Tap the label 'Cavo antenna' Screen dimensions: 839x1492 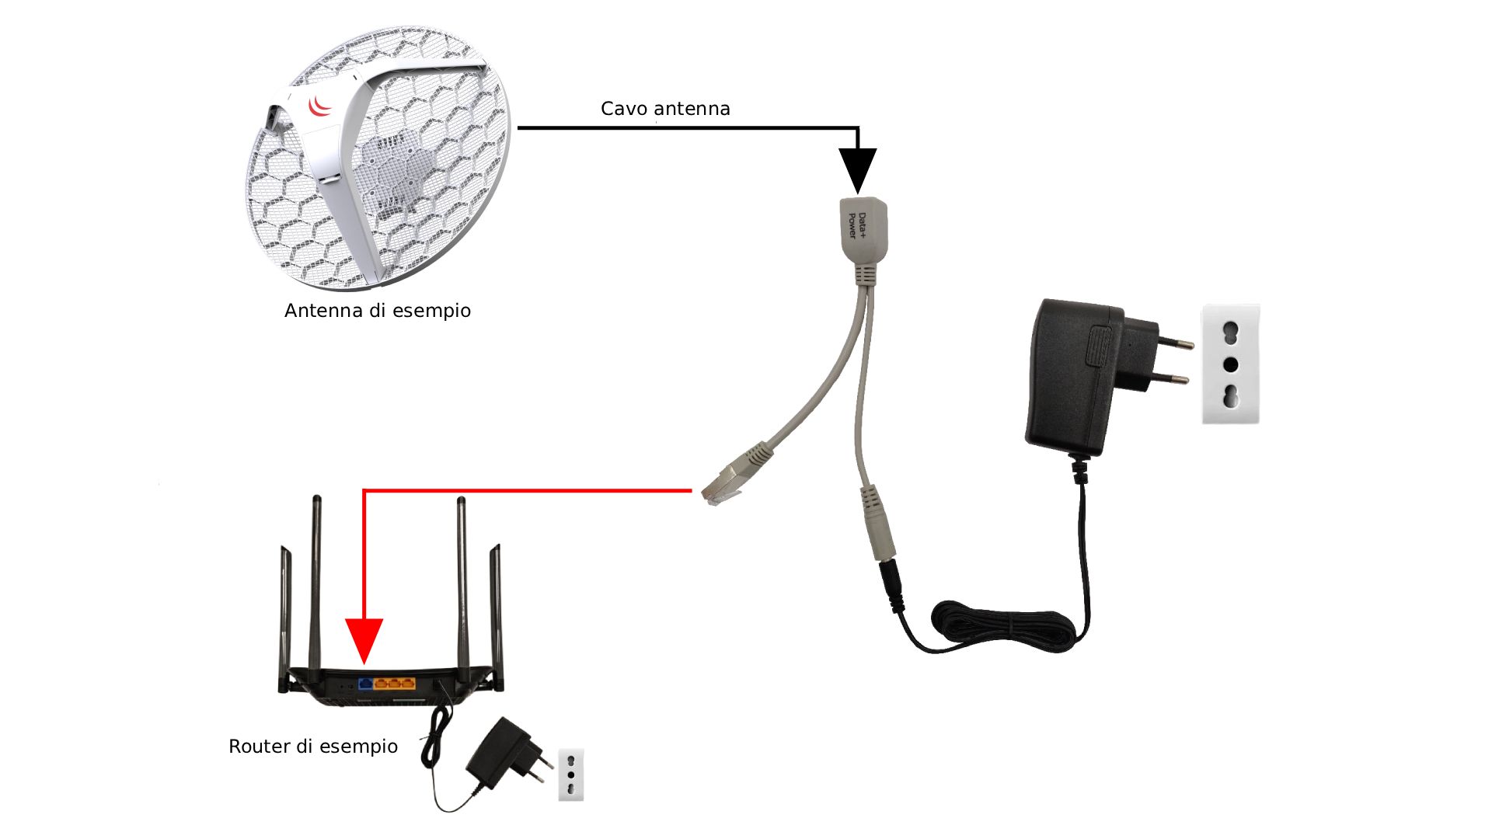pyautogui.click(x=665, y=109)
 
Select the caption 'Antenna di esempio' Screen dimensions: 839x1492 pyautogui.click(x=378, y=311)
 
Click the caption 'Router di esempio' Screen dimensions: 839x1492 pyautogui.click(x=313, y=747)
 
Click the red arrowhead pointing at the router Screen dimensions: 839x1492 pyautogui.click(x=364, y=639)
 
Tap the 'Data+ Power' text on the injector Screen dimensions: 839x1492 pyautogui.click(x=856, y=225)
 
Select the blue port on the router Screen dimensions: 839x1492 pyautogui.click(x=365, y=684)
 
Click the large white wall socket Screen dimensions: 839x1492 pyautogui.click(x=1230, y=364)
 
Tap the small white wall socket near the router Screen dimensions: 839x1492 pyautogui.click(x=571, y=774)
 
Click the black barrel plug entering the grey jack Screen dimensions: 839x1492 pyautogui.click(x=891, y=587)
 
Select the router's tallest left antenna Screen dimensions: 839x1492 pyautogui.click(x=316, y=583)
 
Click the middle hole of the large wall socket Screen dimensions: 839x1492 pyautogui.click(x=1230, y=364)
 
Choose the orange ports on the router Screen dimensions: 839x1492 pyautogui.click(x=395, y=684)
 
